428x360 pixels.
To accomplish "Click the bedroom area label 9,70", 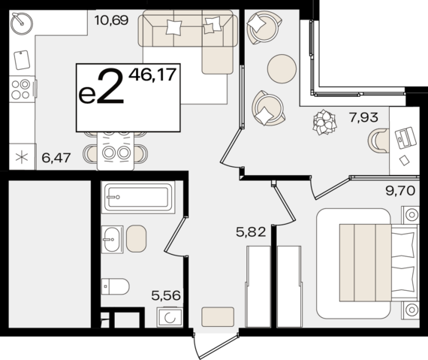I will tap(399, 191).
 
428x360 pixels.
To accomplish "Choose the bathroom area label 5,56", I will tap(167, 296).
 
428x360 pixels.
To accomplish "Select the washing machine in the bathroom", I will tap(169, 317).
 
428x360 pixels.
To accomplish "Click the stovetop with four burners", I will tap(21, 89).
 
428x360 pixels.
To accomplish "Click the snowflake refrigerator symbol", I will tap(21, 158).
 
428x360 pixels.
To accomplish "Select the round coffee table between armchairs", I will tap(282, 70).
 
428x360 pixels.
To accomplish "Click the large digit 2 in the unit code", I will tap(110, 89).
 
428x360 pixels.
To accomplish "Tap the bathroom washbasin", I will tap(112, 239).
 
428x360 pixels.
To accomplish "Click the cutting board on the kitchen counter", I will tap(21, 59).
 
